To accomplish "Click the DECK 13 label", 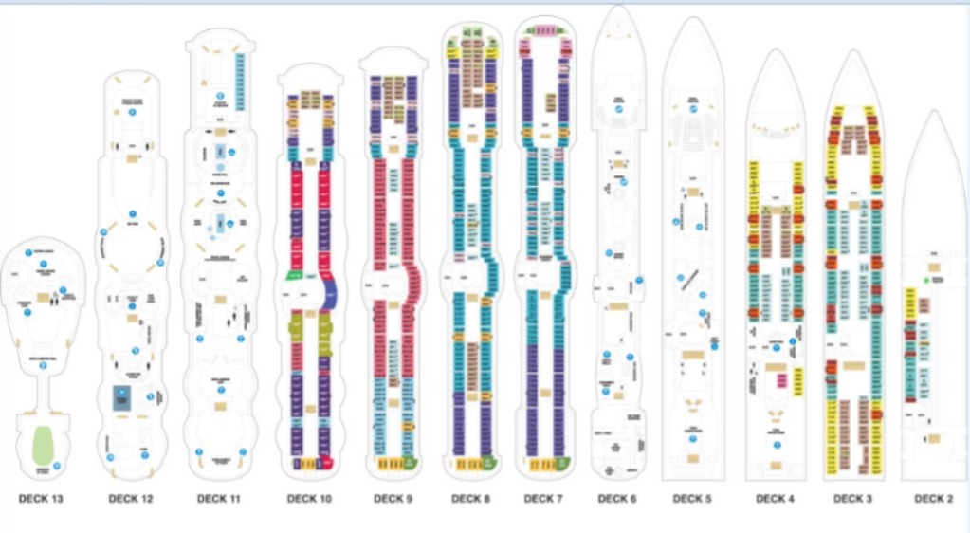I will [40, 498].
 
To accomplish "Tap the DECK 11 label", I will [218, 498].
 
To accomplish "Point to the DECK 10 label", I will [309, 498].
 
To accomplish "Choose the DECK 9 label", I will [392, 498].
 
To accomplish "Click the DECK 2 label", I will [933, 498].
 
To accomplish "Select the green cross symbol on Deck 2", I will [924, 282].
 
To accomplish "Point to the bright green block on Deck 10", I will [294, 276].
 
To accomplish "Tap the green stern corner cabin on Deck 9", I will [410, 464].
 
